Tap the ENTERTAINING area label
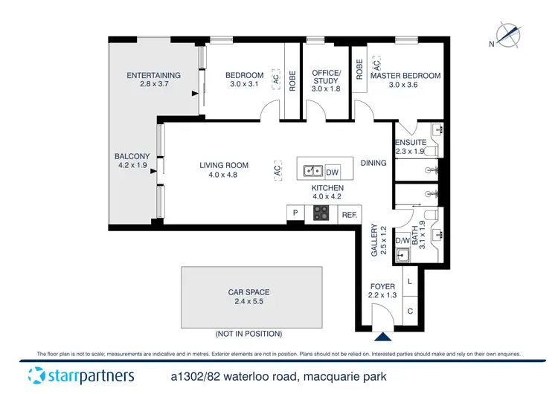(153, 75)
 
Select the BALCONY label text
(132, 156)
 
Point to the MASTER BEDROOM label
(405, 76)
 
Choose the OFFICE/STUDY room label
(326, 77)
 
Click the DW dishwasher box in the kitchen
(333, 170)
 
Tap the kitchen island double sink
(312, 170)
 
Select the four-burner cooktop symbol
(321, 214)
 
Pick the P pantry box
(295, 214)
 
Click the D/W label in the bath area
(402, 241)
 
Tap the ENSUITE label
(410, 142)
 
